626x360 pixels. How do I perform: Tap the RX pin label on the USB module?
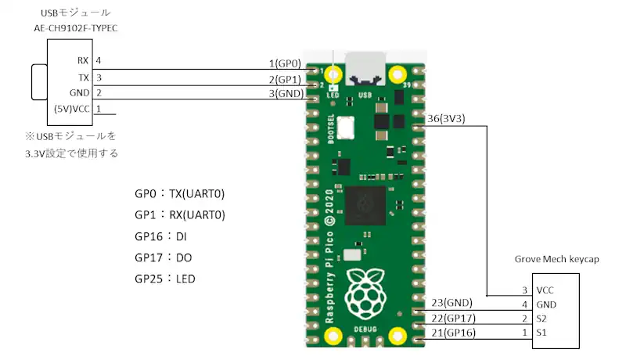click(x=83, y=60)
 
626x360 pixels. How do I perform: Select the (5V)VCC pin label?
click(x=71, y=110)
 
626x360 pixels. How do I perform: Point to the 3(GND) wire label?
click(x=286, y=93)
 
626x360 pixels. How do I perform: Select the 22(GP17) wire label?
click(x=453, y=319)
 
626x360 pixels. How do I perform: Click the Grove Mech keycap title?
click(x=556, y=259)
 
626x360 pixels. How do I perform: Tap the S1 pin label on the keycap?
click(x=541, y=333)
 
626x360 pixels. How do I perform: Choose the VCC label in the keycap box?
click(x=545, y=290)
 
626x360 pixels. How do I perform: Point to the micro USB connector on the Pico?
click(x=365, y=70)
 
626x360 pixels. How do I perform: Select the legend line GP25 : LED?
click(x=165, y=279)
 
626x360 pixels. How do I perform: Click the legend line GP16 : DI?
click(x=160, y=236)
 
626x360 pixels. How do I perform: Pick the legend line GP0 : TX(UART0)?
click(x=185, y=194)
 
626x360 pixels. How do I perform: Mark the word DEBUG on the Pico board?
click(x=365, y=329)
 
